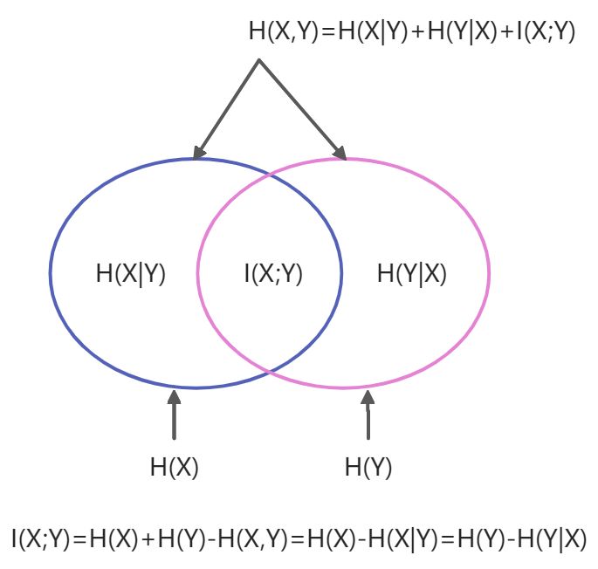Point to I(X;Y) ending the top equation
546,32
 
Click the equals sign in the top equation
321,32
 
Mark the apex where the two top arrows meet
259,60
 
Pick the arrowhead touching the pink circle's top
340,153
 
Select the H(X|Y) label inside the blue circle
131,273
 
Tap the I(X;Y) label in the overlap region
272,273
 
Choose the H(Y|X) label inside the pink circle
412,273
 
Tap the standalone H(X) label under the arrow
175,468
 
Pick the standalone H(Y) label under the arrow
368,468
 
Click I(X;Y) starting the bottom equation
40,538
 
